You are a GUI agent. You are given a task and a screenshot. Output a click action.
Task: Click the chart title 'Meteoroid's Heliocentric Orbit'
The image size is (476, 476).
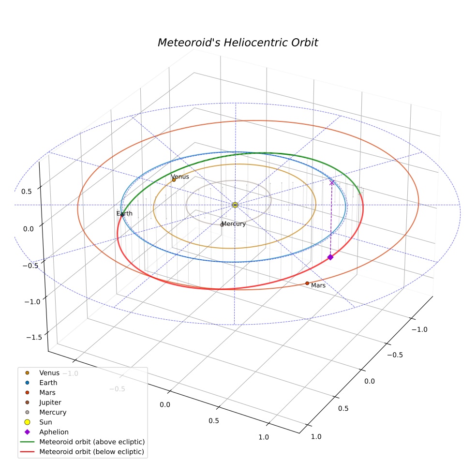pyautogui.click(x=238, y=43)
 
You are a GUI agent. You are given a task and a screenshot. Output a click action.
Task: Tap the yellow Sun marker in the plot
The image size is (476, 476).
pyautogui.click(x=235, y=205)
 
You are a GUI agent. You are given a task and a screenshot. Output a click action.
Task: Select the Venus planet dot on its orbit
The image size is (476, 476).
pyautogui.click(x=174, y=180)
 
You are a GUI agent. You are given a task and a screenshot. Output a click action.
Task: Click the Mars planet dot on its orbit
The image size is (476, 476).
pyautogui.click(x=307, y=283)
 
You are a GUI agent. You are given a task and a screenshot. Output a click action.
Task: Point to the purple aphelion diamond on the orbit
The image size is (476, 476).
pyautogui.click(x=330, y=257)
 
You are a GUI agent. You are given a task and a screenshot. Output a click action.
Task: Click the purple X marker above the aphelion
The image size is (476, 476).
pyautogui.click(x=332, y=182)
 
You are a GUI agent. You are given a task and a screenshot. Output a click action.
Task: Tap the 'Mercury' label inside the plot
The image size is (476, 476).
pyautogui.click(x=234, y=224)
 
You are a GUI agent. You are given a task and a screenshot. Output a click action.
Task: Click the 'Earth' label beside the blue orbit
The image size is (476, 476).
pyautogui.click(x=124, y=213)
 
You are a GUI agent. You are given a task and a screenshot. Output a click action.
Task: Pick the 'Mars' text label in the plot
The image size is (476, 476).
pyautogui.click(x=318, y=285)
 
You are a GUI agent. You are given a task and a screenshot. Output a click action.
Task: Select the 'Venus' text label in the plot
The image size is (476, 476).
pyautogui.click(x=180, y=177)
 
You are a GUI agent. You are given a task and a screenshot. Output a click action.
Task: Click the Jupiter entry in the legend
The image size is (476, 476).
pyautogui.click(x=44, y=402)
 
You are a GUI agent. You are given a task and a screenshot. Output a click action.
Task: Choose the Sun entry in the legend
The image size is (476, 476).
pyautogui.click(x=39, y=422)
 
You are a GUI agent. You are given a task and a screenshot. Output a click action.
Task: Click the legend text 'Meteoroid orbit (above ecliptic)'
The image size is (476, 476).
pyautogui.click(x=92, y=442)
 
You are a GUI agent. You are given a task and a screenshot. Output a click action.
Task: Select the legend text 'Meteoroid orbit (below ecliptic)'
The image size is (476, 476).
pyautogui.click(x=92, y=452)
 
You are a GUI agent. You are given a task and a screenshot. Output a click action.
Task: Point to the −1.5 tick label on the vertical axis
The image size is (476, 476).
pyautogui.click(x=34, y=337)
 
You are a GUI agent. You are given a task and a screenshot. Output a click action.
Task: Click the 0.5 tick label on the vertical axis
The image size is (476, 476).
pyautogui.click(x=27, y=192)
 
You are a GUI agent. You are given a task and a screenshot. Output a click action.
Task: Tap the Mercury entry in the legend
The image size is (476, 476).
pyautogui.click(x=45, y=412)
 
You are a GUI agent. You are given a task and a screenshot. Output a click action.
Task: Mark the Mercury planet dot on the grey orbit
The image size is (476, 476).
pyautogui.click(x=222, y=225)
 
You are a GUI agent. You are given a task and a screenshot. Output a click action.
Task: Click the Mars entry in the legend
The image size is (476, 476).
pyautogui.click(x=40, y=392)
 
